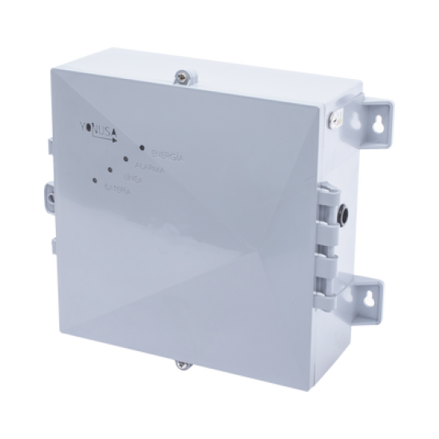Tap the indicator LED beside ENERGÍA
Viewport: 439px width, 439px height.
pyautogui.click(x=140, y=148)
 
